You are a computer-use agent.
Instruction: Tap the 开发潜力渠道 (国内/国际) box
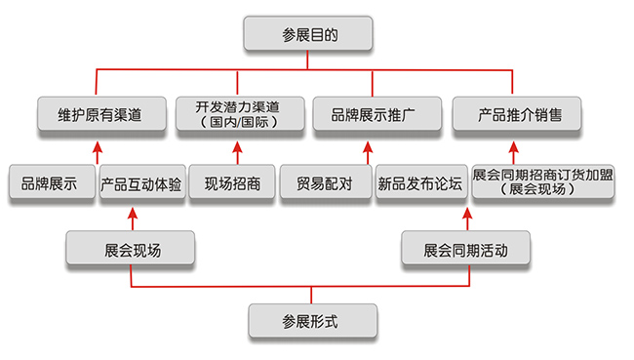237,114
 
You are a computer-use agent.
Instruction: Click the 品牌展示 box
50,182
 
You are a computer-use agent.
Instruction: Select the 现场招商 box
233,182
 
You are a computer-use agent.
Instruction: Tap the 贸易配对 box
324,182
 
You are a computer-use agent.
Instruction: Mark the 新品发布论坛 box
419,182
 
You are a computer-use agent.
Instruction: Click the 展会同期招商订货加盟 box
542,181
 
